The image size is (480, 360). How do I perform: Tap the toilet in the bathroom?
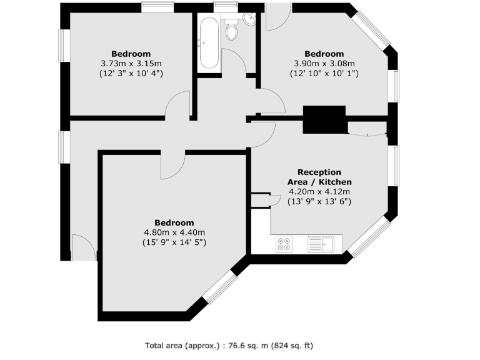(231, 31)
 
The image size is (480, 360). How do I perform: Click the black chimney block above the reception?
(324, 119)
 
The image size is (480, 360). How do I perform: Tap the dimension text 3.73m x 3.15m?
(131, 63)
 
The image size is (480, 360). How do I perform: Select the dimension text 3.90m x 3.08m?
(324, 63)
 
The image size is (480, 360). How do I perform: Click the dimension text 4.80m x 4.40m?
(174, 232)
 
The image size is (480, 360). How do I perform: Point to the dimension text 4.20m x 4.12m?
(319, 192)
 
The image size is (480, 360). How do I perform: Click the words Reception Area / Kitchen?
(319, 177)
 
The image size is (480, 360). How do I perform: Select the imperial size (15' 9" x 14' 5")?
(174, 242)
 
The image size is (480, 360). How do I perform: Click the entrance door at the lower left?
(84, 247)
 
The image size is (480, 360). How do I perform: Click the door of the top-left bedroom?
(179, 104)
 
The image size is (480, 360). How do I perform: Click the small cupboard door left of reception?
(272, 199)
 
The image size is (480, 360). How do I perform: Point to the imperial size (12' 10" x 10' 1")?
(324, 73)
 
